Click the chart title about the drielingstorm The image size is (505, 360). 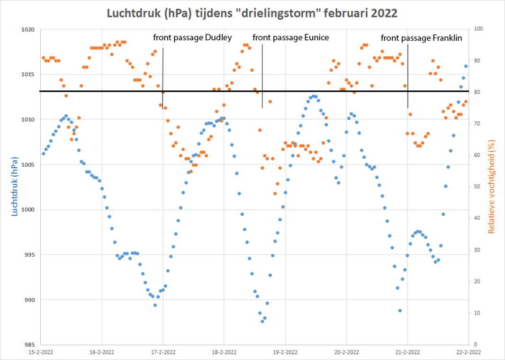[x=252, y=12]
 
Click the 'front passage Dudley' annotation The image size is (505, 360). [x=192, y=37]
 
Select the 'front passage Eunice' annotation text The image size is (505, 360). [x=290, y=37]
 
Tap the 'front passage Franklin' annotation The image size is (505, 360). [x=421, y=37]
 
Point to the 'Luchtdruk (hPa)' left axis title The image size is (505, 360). [x=14, y=187]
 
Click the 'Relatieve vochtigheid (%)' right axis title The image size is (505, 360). [x=491, y=187]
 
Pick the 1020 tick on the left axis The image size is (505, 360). [x=28, y=29]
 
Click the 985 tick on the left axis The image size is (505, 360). [x=28, y=345]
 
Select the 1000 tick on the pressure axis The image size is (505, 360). [x=28, y=210]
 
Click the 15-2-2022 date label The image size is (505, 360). [x=41, y=352]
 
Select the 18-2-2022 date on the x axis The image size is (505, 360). [x=224, y=352]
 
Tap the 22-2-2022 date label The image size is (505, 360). [x=469, y=352]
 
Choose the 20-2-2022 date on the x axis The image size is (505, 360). [x=346, y=352]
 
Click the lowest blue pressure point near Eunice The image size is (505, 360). [x=262, y=321]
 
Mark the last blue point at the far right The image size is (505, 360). [x=466, y=66]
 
